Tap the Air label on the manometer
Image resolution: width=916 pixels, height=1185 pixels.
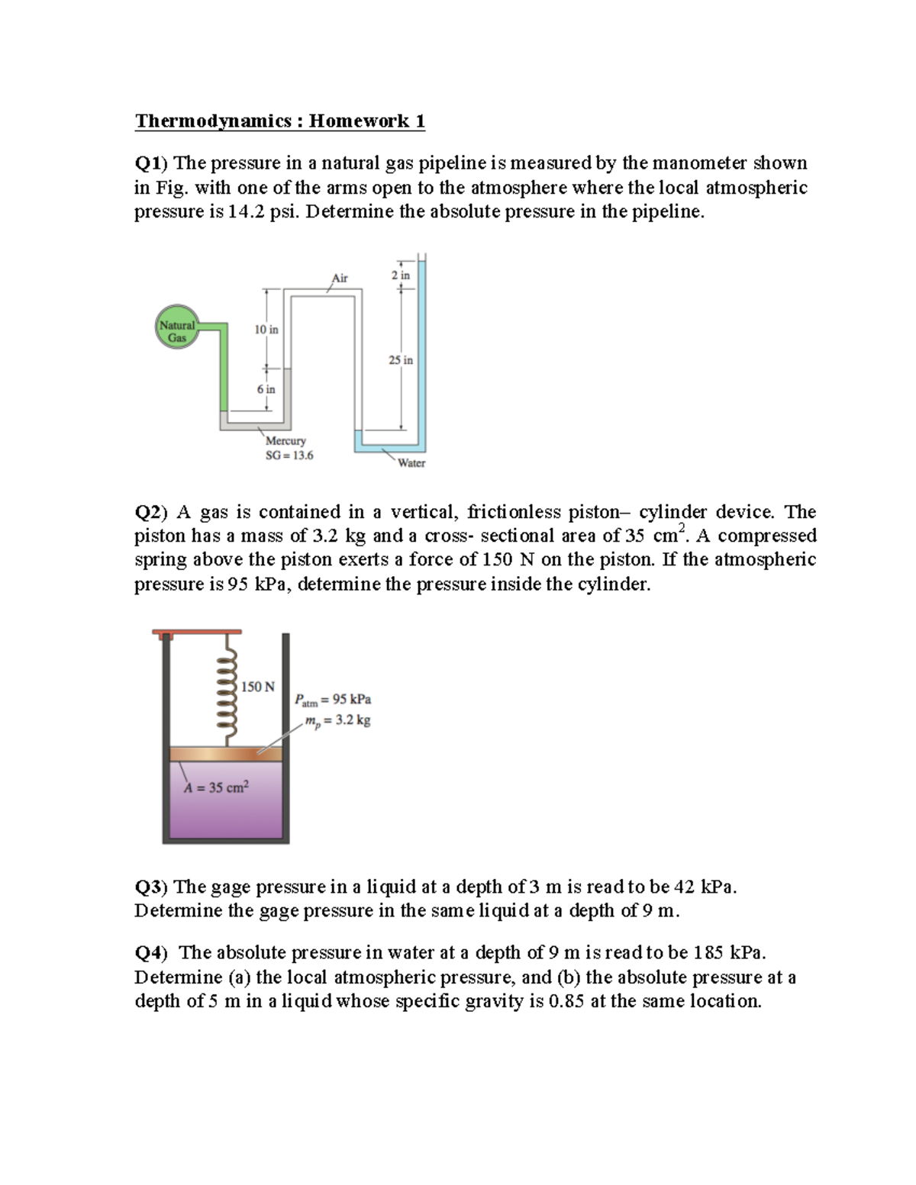340,279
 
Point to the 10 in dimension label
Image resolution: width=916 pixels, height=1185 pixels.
266,330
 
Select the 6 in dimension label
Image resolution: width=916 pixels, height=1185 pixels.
266,389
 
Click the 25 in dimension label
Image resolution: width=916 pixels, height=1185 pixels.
400,360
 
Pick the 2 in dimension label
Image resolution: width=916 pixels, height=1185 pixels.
400,275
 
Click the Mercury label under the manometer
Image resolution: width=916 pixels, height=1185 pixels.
285,441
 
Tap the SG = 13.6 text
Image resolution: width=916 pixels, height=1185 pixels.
289,456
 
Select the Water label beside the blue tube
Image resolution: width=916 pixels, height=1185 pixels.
411,463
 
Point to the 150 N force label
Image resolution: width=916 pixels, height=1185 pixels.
258,687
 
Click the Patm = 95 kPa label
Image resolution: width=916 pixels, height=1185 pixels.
333,700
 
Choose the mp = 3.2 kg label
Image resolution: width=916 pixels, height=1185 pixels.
337,720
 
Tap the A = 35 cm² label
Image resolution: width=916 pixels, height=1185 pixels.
216,787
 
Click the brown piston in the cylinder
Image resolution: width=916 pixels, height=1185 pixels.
225,754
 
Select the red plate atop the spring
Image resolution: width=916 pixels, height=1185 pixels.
197,632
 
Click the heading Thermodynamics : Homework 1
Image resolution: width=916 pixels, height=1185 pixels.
279,121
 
